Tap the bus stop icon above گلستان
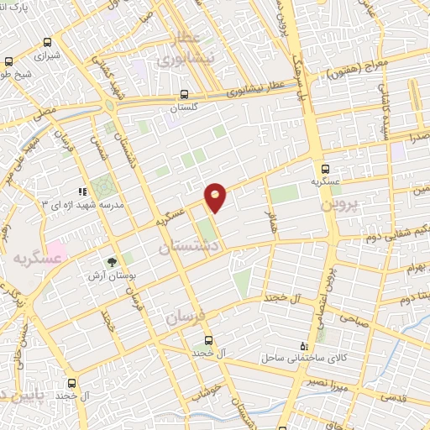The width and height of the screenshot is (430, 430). pos(183,96)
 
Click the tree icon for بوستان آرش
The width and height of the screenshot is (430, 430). pos(111,261)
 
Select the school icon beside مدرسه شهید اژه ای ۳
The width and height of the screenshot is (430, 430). pos(82,191)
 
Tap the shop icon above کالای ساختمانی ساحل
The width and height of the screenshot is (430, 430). pos(304,346)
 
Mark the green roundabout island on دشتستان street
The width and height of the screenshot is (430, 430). pos(109,107)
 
